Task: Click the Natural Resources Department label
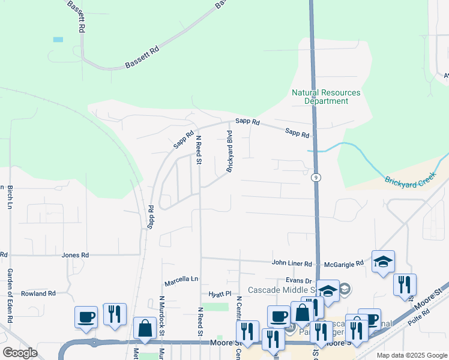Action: click(x=326, y=97)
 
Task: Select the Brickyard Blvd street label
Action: click(x=229, y=151)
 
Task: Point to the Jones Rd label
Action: click(x=75, y=255)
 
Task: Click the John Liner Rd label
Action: click(x=292, y=263)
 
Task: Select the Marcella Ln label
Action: click(x=181, y=280)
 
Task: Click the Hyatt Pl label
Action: click(x=220, y=294)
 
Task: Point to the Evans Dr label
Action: click(x=299, y=280)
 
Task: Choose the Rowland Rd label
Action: click(x=38, y=293)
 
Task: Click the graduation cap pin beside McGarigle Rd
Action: click(x=384, y=262)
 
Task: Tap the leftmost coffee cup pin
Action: click(x=86, y=317)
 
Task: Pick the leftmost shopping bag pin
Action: click(x=145, y=328)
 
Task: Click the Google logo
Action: click(x=20, y=353)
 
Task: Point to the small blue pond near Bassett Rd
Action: click(x=58, y=40)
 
